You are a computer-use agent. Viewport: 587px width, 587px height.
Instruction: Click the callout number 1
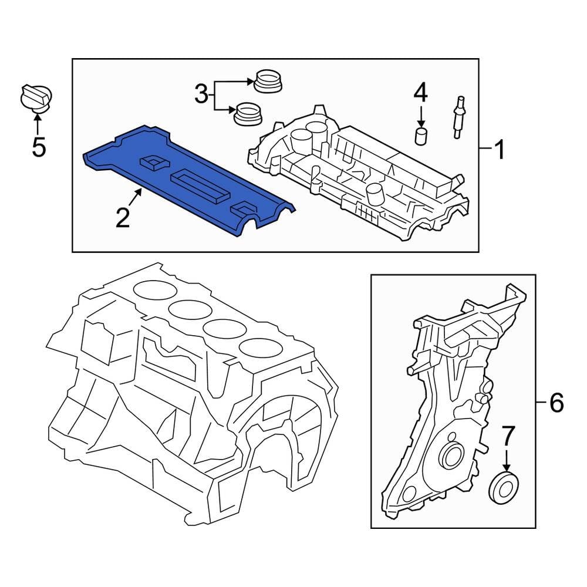[498, 151]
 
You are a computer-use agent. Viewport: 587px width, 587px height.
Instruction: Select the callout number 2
[122, 218]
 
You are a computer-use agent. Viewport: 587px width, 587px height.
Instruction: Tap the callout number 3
[201, 95]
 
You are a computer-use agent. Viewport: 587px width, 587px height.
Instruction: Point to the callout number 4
[421, 93]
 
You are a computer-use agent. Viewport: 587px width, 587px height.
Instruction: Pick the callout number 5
[38, 147]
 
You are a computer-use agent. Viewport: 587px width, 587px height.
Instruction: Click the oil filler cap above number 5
[36, 97]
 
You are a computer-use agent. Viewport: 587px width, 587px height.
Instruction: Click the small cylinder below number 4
[421, 136]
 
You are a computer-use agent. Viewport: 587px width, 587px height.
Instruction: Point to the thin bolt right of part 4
[458, 117]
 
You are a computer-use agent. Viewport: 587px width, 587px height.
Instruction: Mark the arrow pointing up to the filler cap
[38, 123]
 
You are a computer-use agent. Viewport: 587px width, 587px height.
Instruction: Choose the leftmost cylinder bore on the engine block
[151, 288]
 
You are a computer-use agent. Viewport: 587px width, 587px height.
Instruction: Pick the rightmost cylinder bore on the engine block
[258, 347]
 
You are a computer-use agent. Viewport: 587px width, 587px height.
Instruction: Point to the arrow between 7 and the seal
[507, 458]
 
